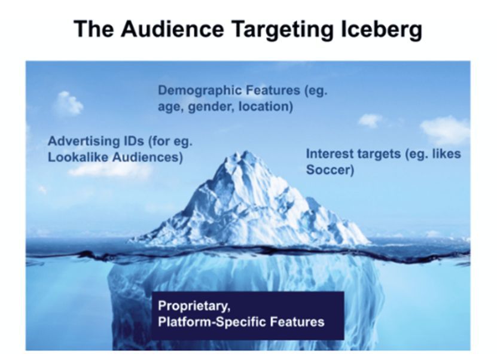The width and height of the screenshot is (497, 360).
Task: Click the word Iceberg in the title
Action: [382, 30]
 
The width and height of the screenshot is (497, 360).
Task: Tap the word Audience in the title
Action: [172, 29]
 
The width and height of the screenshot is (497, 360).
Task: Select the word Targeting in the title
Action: [282, 30]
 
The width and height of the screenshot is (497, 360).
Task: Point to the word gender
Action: [211, 107]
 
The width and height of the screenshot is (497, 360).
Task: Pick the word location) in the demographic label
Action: [266, 106]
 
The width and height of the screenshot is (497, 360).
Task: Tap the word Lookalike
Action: [78, 157]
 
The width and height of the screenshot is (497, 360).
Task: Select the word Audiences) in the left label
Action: [148, 157]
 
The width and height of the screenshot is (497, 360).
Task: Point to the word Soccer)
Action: [330, 170]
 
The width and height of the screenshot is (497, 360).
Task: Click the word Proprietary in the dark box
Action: [194, 306]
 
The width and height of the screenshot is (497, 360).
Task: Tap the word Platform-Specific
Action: [212, 322]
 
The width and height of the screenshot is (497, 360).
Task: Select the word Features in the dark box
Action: [297, 322]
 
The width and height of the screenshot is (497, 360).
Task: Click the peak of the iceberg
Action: [244, 152]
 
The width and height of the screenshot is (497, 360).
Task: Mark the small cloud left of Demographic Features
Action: [68, 103]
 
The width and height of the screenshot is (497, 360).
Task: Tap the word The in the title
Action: [94, 29]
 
